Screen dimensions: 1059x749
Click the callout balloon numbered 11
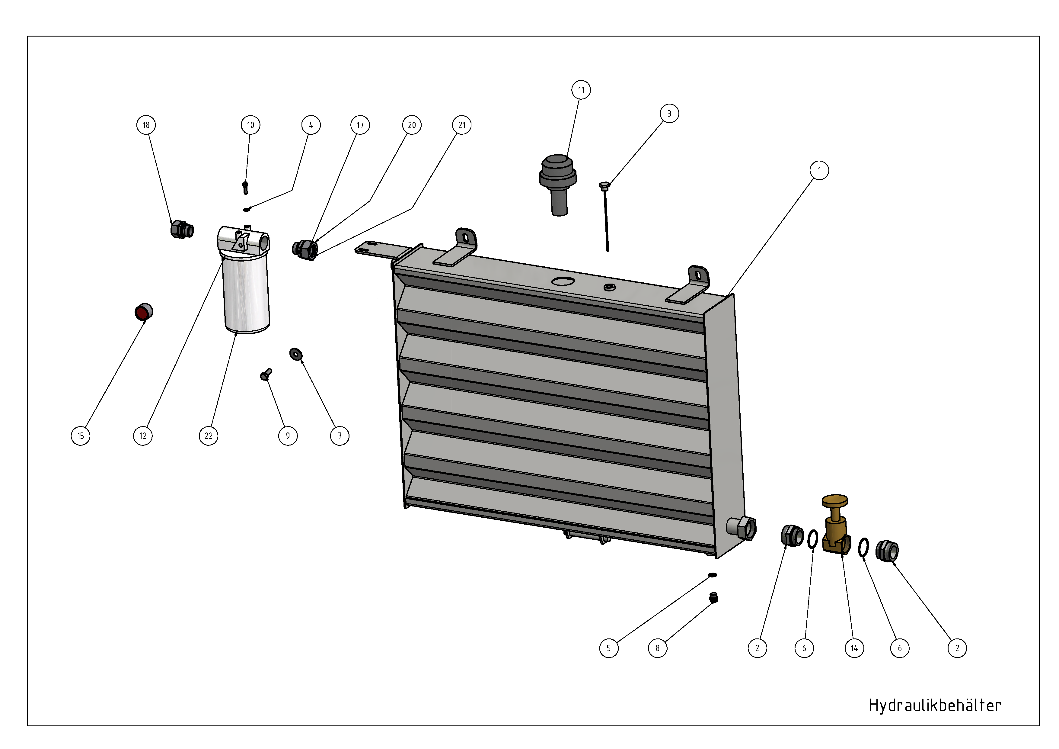pos(581,90)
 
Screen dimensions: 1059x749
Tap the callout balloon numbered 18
pos(146,125)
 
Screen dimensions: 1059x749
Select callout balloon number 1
pos(819,170)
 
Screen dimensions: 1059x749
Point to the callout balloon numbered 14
pos(854,648)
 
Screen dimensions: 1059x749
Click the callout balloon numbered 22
pos(209,436)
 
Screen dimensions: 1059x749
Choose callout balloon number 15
pos(81,436)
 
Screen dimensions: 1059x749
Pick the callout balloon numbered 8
pos(658,648)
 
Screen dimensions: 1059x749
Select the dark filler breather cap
pos(558,185)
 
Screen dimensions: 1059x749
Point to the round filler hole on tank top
pos(563,281)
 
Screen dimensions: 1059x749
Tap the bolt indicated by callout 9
pos(266,374)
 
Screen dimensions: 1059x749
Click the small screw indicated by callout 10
pos(245,188)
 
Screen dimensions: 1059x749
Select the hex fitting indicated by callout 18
pos(182,229)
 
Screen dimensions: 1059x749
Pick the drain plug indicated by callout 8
pos(714,598)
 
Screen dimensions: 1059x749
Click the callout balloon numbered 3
pos(669,114)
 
